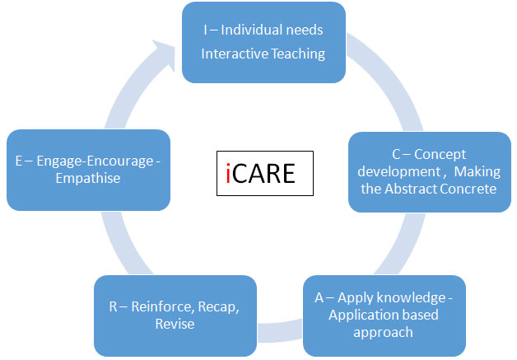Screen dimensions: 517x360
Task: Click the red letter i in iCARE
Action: tap(228, 173)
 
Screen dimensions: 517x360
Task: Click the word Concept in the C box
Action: tap(440, 155)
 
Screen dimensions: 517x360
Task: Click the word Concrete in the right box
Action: tap(468, 189)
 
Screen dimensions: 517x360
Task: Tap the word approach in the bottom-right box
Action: tap(383, 333)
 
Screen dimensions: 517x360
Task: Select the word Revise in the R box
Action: tap(175, 324)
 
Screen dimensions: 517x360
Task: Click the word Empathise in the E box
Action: tap(88, 179)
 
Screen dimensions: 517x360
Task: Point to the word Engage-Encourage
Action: tap(95, 161)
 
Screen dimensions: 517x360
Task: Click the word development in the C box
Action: tap(399, 172)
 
